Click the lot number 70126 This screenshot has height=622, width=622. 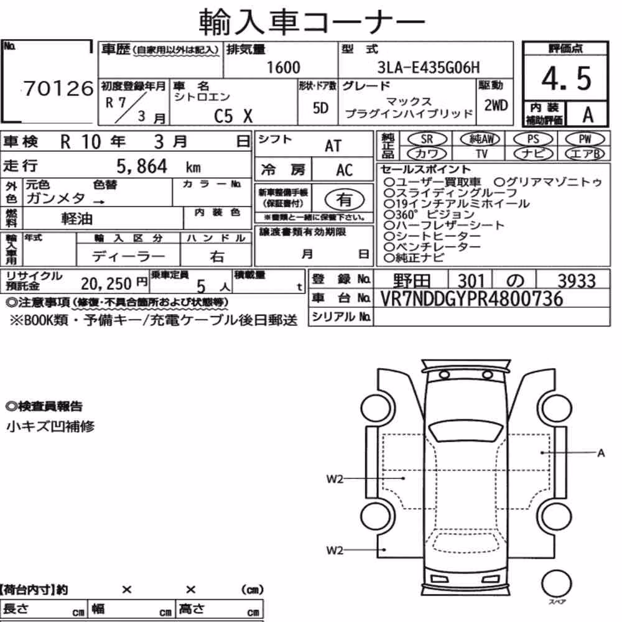(x=58, y=88)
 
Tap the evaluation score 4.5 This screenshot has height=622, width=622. (x=566, y=78)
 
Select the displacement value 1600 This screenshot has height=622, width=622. (x=283, y=67)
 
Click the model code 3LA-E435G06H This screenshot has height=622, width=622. (x=429, y=67)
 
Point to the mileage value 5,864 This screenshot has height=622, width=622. (x=142, y=166)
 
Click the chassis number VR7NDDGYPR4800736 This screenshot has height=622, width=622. (x=471, y=299)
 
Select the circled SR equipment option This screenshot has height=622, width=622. (x=427, y=139)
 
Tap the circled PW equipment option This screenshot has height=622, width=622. (x=585, y=139)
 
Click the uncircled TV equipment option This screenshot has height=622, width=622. (x=481, y=154)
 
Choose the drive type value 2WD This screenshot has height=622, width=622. (x=496, y=105)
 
